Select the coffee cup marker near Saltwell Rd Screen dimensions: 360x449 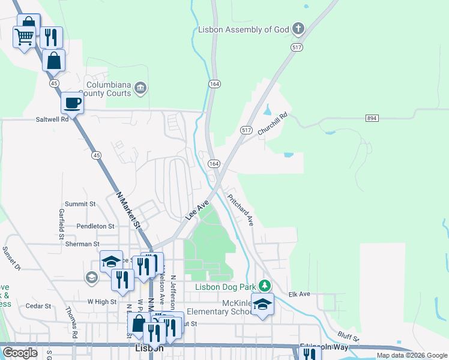tap(73, 103)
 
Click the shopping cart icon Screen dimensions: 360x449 tap(24, 37)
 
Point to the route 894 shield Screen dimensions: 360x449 tap(372, 118)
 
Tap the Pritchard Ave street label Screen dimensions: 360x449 tap(241, 209)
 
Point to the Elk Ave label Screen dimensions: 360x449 tap(298, 294)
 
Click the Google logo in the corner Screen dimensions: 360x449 tap(20, 353)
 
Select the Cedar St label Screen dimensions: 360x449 tap(38, 305)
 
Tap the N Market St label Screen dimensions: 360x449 tap(128, 209)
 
